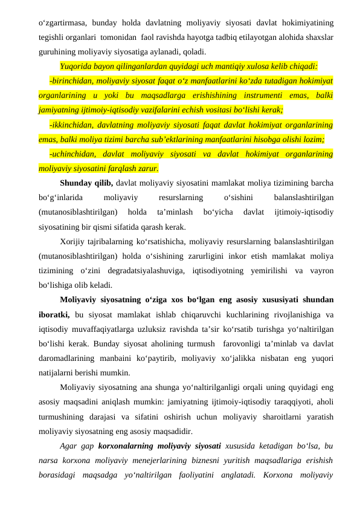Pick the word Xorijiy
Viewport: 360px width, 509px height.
tap(74, 242)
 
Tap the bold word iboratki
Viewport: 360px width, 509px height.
tap(54, 314)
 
